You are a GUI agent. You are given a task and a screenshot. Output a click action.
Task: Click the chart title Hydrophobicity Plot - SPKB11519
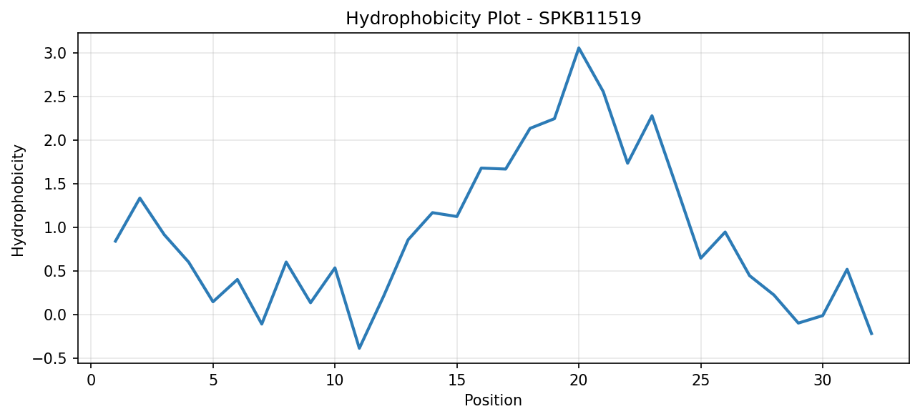click(x=494, y=19)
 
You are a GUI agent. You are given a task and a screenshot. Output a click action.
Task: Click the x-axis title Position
click(x=493, y=400)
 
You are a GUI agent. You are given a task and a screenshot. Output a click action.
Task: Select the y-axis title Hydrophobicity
click(x=18, y=201)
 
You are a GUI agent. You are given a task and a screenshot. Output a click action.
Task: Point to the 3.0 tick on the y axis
click(x=56, y=54)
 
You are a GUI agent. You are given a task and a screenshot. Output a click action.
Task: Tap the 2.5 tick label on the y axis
click(x=56, y=97)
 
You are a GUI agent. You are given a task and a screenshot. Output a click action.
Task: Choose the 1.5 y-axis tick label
click(x=56, y=184)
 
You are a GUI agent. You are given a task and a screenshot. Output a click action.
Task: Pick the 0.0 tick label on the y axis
click(x=56, y=315)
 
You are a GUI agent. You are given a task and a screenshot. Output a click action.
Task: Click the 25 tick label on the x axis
click(x=700, y=380)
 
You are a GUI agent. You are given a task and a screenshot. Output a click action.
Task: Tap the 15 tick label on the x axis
click(x=456, y=380)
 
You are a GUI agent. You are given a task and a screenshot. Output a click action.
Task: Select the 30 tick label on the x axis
click(x=823, y=380)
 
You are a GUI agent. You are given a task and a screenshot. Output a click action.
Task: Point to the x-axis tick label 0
click(x=91, y=380)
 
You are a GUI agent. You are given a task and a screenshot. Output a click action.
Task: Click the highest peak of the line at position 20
click(x=579, y=48)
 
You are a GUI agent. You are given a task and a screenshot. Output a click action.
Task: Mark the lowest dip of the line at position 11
click(x=359, y=348)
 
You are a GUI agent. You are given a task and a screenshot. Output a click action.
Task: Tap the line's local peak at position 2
click(x=140, y=198)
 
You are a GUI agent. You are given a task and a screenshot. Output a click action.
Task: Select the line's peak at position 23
click(x=652, y=116)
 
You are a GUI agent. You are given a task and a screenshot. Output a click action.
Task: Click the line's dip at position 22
click(x=627, y=163)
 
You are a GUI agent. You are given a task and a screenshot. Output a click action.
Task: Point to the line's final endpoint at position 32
click(x=871, y=335)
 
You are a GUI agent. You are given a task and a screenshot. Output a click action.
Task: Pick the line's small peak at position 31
click(x=847, y=270)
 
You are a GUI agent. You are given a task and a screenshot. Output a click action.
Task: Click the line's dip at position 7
click(x=262, y=324)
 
